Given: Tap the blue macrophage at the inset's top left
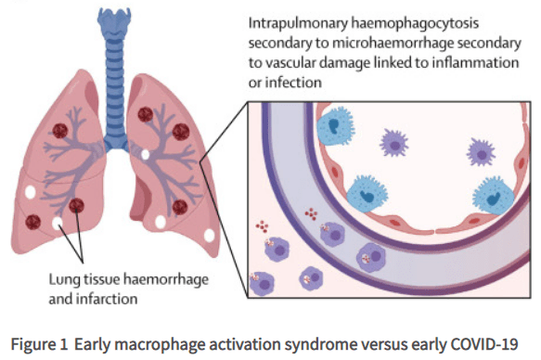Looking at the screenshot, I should coord(335,130).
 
